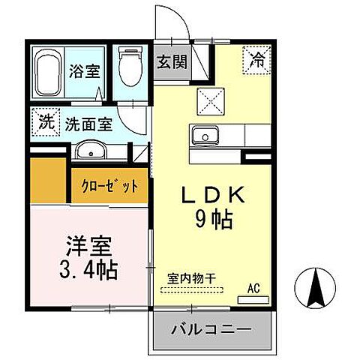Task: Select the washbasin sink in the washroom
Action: [92, 150]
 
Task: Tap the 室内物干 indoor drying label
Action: [191, 278]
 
